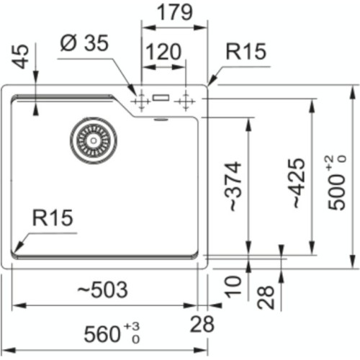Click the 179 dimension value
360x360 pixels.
176,12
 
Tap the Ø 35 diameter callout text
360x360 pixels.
84,44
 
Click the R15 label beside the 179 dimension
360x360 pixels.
246,53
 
